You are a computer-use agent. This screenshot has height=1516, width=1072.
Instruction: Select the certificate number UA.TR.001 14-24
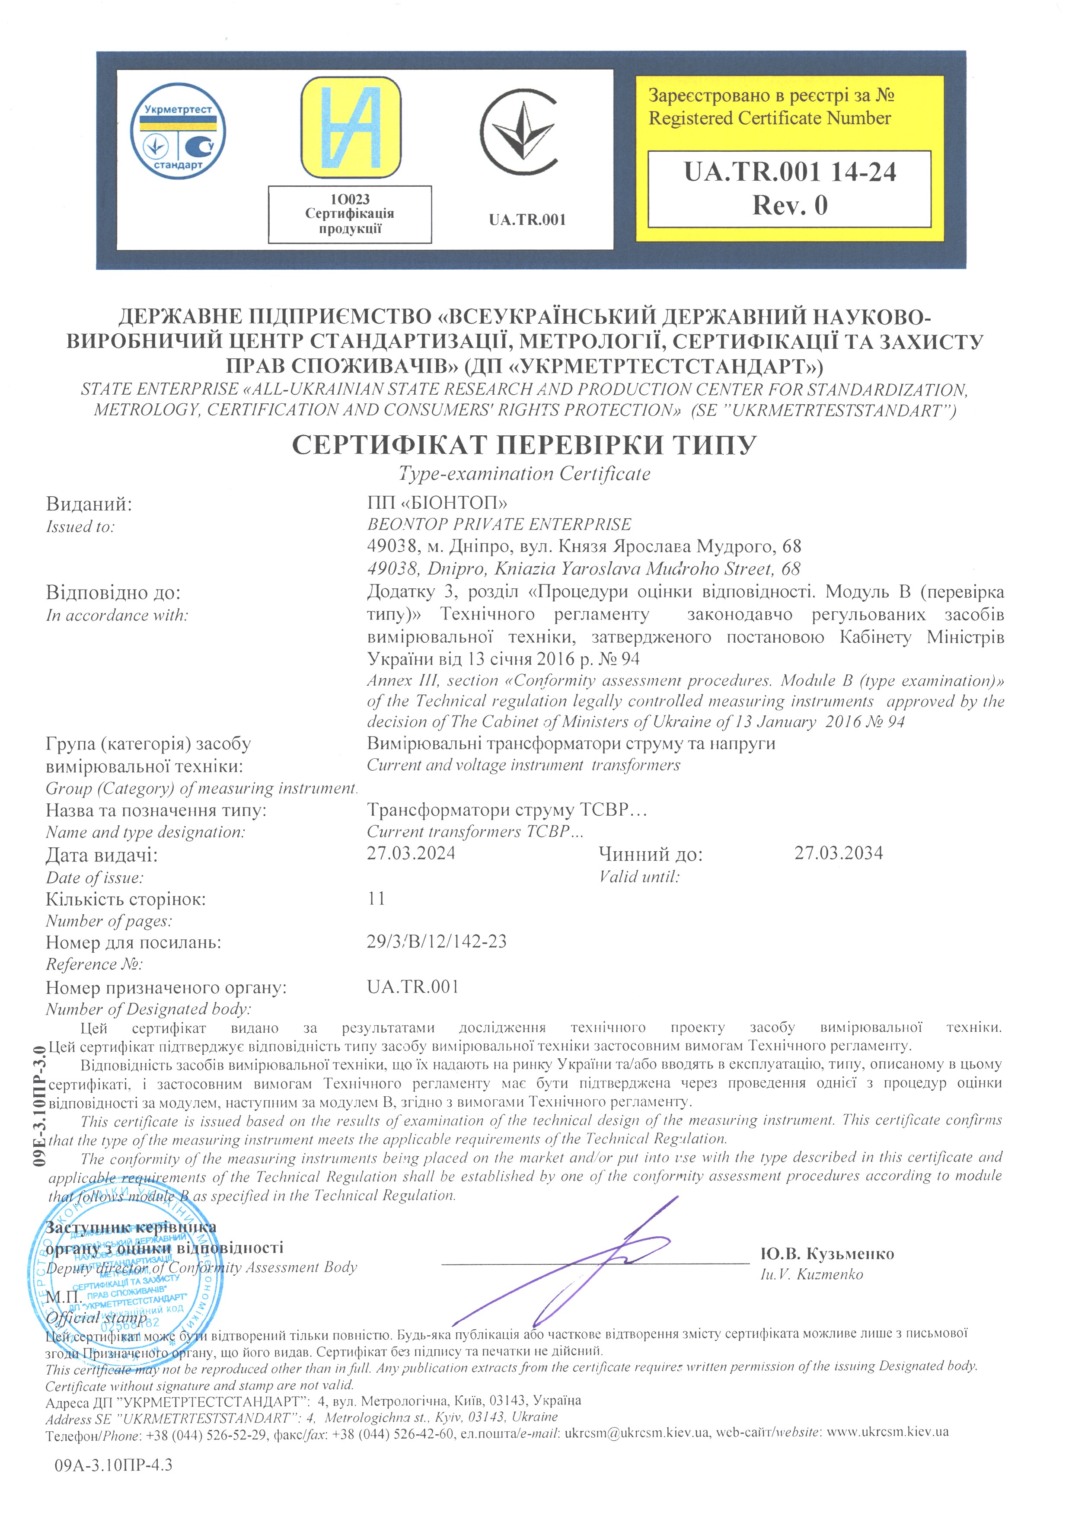click(x=789, y=172)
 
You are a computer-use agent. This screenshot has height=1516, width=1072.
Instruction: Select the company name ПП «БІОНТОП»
click(x=437, y=504)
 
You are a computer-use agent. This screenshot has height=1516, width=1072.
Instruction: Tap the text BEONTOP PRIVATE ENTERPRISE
click(x=499, y=525)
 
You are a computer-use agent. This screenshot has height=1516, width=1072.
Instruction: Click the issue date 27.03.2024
click(x=411, y=853)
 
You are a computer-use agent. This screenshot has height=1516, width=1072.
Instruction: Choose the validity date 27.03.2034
click(x=838, y=853)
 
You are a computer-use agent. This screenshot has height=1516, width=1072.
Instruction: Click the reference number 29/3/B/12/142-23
click(x=437, y=942)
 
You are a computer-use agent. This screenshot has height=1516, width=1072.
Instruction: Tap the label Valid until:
click(x=638, y=877)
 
